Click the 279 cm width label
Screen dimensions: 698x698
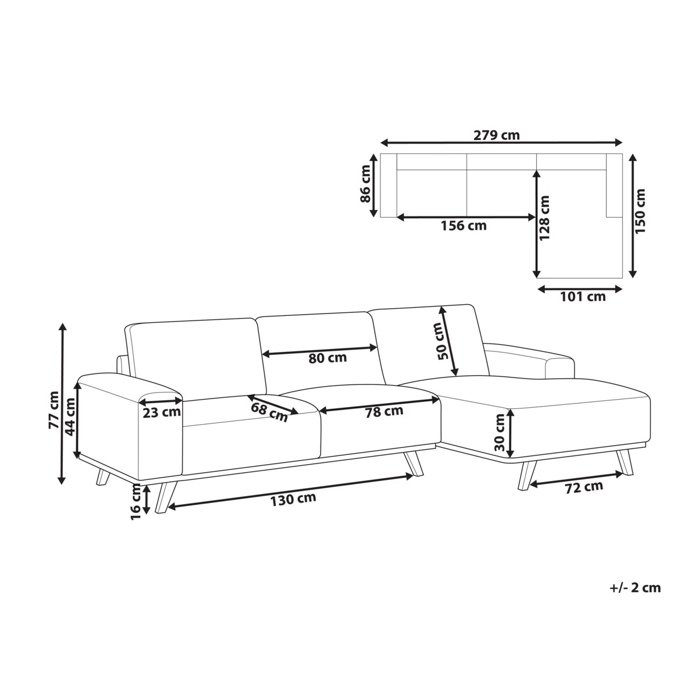[496, 135]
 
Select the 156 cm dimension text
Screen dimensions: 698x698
[463, 226]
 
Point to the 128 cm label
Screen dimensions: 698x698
[544, 218]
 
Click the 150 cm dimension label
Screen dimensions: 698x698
[640, 211]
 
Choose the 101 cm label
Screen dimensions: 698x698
[583, 297]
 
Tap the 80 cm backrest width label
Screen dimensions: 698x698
[327, 358]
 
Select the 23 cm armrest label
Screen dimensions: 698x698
[162, 412]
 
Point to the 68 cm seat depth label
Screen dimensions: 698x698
[269, 412]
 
